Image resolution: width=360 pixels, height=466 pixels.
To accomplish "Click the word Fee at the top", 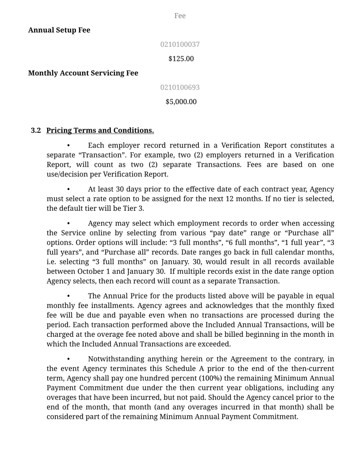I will coord(180,16).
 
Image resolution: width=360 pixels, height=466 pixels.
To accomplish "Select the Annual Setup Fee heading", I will coord(59,30).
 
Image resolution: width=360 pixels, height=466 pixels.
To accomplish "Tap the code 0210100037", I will coord(180,45).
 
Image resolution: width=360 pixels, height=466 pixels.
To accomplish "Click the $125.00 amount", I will coord(181,59).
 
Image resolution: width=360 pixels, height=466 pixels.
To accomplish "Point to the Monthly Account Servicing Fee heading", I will coord(83,73).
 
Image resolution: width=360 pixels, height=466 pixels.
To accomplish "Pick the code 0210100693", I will coord(180,87).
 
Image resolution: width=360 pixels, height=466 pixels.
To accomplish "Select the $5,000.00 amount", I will coord(181,102).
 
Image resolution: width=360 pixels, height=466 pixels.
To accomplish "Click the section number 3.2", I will coord(36,131).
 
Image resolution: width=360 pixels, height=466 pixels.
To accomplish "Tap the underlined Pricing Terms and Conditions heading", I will coord(100,131).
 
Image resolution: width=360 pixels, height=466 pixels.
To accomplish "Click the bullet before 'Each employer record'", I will coord(68,145).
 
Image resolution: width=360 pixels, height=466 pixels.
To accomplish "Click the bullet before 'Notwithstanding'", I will coord(68,359).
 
